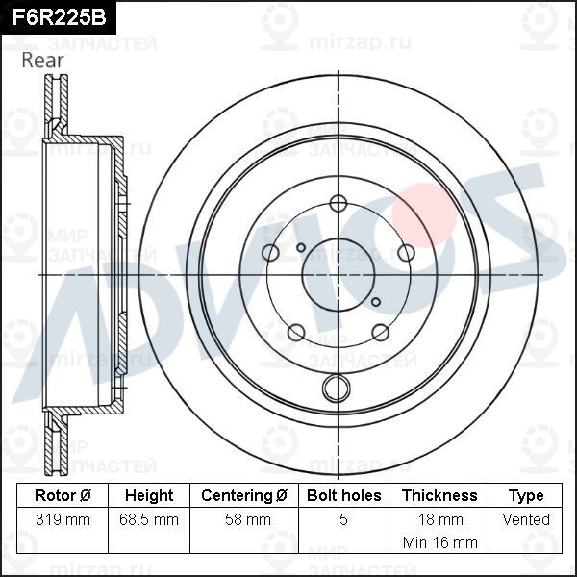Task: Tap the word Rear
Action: point(42,60)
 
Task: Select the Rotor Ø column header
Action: point(63,495)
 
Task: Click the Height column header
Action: point(149,495)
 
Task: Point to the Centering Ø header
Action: point(244,495)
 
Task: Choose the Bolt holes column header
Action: point(343,495)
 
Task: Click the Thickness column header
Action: point(439,495)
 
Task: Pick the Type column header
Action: point(526,495)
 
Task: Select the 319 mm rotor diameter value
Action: point(63,519)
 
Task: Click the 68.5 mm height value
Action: point(149,519)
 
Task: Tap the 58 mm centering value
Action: point(244,519)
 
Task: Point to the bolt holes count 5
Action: point(343,519)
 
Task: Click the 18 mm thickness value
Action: point(439,519)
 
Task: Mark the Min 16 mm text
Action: point(439,541)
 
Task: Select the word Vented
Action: point(526,519)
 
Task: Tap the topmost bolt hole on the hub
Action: point(338,203)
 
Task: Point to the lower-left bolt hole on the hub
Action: point(296,332)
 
